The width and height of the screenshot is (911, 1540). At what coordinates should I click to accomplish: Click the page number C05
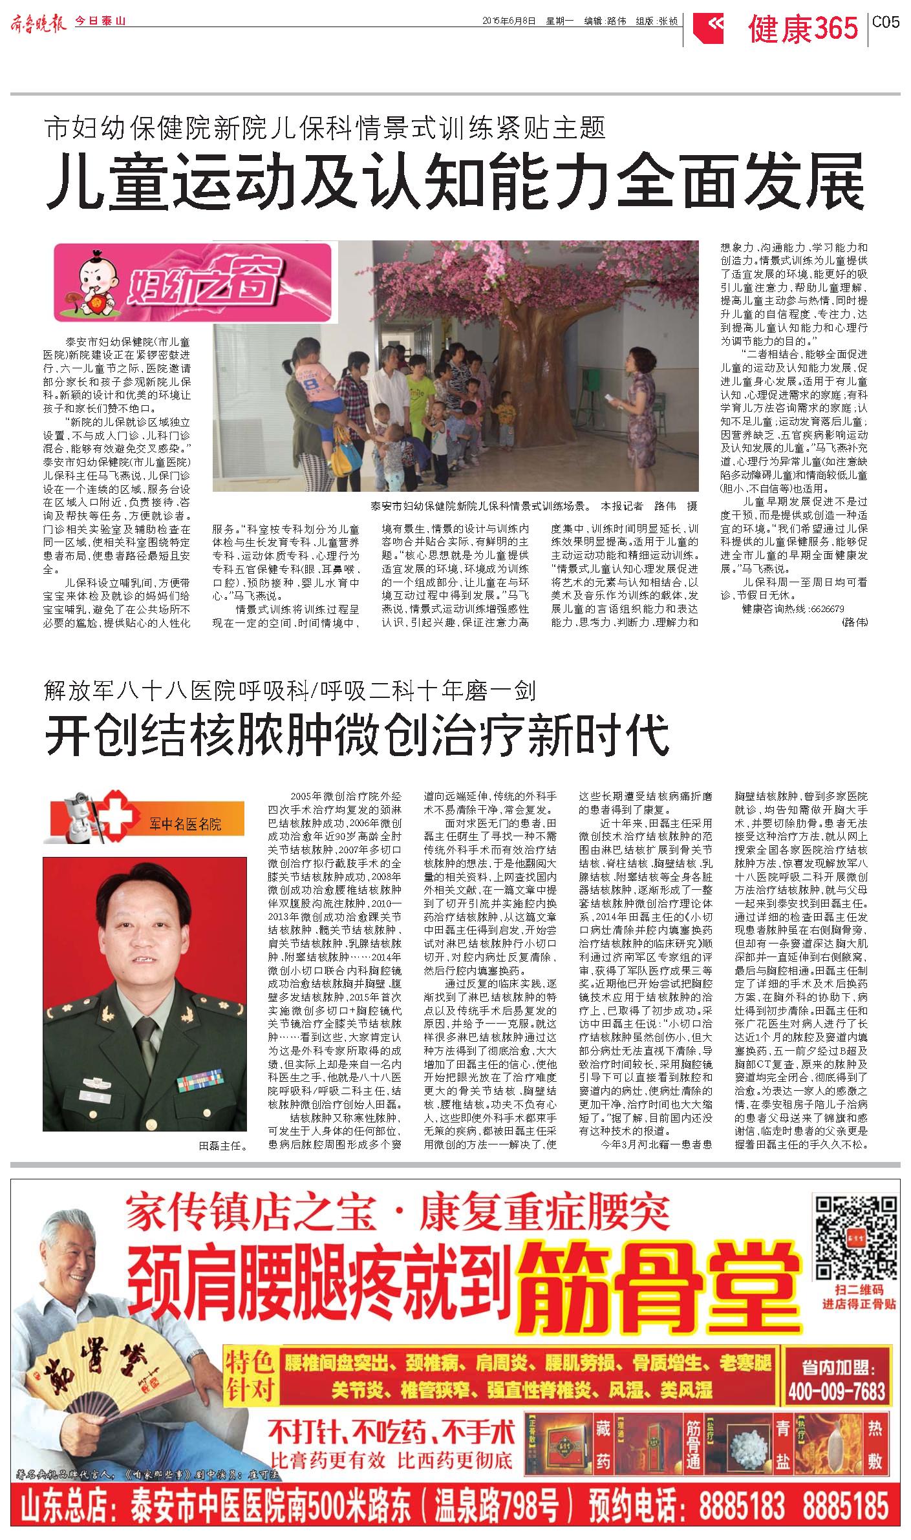(885, 23)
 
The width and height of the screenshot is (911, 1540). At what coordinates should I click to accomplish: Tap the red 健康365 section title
(803, 29)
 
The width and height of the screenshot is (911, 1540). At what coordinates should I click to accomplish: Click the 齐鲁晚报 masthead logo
(38, 21)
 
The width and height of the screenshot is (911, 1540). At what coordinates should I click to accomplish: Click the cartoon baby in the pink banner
(94, 280)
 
